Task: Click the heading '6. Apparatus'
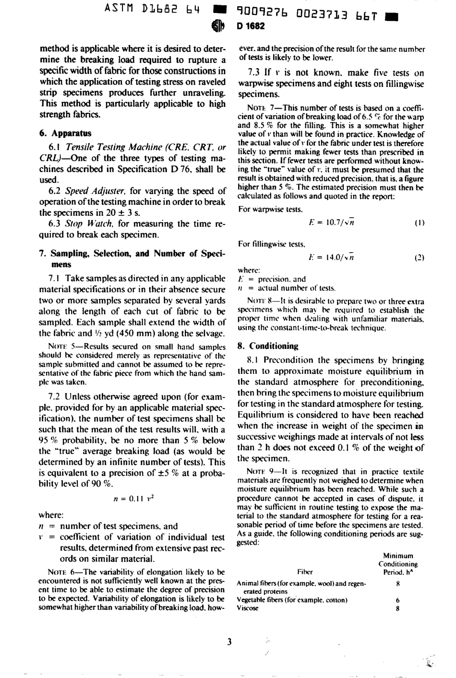tap(64, 133)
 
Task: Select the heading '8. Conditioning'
tap(268, 346)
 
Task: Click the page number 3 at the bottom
tap(229, 642)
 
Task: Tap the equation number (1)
tap(419, 223)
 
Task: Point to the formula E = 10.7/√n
tap(331, 222)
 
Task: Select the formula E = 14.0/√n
tap(331, 257)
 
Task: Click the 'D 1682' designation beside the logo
tap(251, 27)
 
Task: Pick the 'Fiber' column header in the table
tap(305, 572)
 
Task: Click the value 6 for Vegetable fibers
tap(398, 600)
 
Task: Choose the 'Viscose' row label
tap(248, 608)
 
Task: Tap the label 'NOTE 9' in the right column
tap(260, 472)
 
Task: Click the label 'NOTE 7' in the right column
tap(260, 109)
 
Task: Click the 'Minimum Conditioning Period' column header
tap(398, 564)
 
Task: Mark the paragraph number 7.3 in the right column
tap(253, 73)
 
